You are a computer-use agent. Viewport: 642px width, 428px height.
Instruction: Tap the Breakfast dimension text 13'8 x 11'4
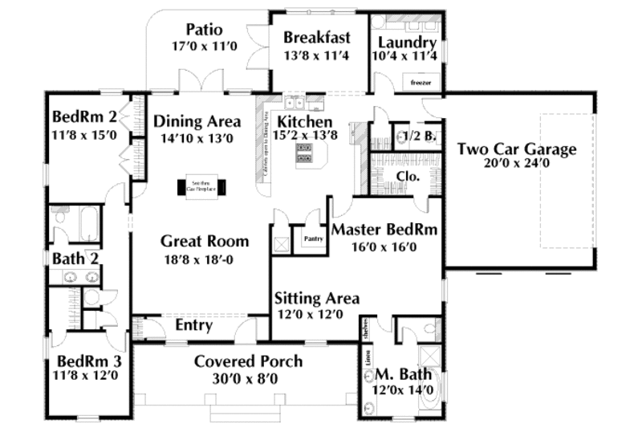pyautogui.click(x=316, y=55)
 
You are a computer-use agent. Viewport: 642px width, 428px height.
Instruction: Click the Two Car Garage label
pyautogui.click(x=517, y=149)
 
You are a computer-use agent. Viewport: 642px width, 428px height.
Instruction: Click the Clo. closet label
pyautogui.click(x=406, y=176)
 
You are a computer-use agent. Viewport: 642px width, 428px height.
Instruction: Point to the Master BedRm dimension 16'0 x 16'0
pyautogui.click(x=384, y=247)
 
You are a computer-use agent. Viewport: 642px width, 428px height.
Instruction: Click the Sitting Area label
pyautogui.click(x=317, y=299)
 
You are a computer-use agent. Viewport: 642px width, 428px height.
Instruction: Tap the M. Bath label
pyautogui.click(x=403, y=375)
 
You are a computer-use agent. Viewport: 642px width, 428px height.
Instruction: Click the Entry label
pyautogui.click(x=193, y=326)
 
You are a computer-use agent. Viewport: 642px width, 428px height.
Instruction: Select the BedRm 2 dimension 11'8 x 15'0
pyautogui.click(x=84, y=135)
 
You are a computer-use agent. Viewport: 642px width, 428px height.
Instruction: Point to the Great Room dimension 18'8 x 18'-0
pyautogui.click(x=204, y=259)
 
